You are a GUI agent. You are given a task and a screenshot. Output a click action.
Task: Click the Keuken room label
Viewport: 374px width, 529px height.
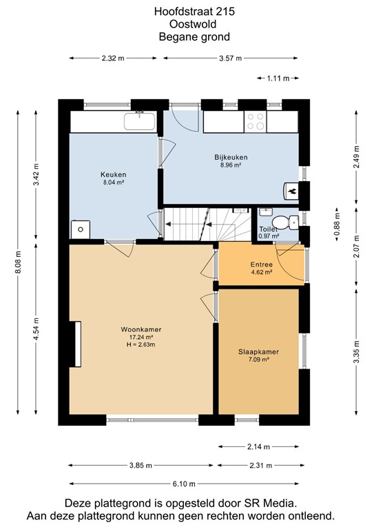click(x=114, y=174)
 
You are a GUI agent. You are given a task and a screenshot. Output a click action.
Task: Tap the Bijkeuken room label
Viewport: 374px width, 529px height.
click(x=231, y=157)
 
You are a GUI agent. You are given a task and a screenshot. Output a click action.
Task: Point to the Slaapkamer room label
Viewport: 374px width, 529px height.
click(x=259, y=352)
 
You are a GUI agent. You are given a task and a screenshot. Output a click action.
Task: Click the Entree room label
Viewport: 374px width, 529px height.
click(x=261, y=264)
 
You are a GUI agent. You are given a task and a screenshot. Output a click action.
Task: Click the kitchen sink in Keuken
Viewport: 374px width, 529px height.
click(x=140, y=121)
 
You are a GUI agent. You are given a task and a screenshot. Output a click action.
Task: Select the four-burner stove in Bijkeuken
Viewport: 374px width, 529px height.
click(x=255, y=121)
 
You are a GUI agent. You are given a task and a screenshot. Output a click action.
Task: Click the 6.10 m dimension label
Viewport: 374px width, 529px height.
click(x=184, y=484)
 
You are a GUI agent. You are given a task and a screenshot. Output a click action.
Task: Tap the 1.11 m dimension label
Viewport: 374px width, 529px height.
click(x=278, y=79)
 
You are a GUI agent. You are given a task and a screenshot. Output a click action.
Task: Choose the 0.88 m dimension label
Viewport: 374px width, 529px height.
click(x=336, y=225)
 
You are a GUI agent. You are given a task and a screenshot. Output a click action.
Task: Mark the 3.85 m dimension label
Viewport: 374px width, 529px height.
click(x=141, y=466)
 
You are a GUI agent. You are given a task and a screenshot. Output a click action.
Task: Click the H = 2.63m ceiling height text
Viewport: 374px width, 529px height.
click(x=141, y=344)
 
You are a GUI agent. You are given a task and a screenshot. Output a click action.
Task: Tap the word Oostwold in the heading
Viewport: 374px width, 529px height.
click(x=193, y=24)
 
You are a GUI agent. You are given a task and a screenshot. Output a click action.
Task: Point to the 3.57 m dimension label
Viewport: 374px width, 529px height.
click(x=230, y=59)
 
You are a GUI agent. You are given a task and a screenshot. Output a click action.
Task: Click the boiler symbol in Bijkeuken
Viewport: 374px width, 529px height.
click(x=291, y=191)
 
